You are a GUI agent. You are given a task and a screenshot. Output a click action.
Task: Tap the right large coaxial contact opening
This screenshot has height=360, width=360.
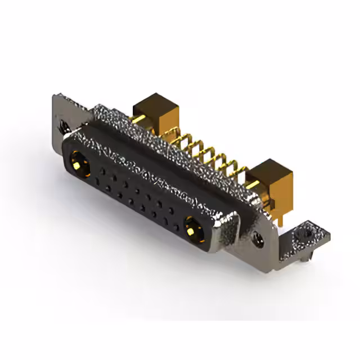click(x=192, y=227)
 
